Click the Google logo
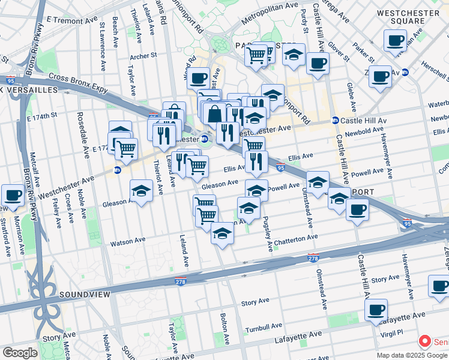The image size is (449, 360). pyautogui.click(x=19, y=353)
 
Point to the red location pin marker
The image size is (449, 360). pyautogui.click(x=425, y=342)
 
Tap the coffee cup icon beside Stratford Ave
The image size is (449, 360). pyautogui.click(x=13, y=194)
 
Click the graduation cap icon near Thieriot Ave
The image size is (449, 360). pyautogui.click(x=141, y=191)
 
